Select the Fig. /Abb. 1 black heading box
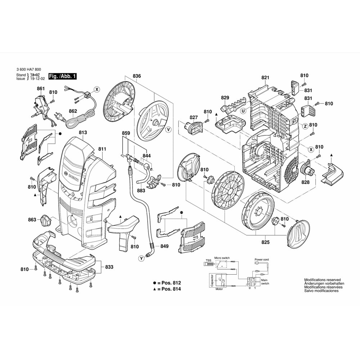(x=63, y=77)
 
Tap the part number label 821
(x=265, y=78)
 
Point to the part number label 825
(x=265, y=242)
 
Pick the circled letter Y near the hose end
(x=141, y=258)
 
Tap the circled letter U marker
(x=244, y=111)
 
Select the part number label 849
(x=164, y=246)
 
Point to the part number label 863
(x=32, y=220)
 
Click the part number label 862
(x=73, y=111)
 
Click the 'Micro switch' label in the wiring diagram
(x=222, y=258)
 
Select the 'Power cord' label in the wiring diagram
(x=262, y=260)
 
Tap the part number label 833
(x=109, y=267)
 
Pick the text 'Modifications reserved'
(x=322, y=280)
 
